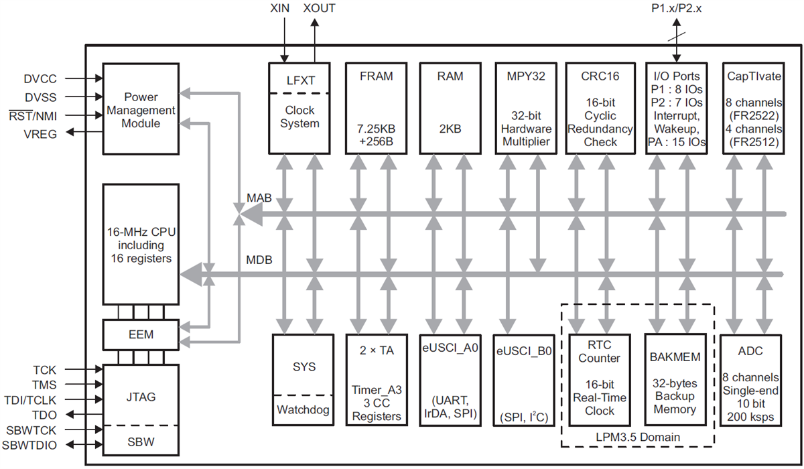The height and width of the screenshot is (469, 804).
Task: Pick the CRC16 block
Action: [x=599, y=108]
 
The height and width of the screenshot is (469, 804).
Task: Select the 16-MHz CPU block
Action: [x=140, y=244]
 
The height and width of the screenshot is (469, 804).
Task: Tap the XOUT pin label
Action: [x=319, y=9]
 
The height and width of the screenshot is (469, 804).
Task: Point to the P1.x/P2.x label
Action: [x=678, y=9]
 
